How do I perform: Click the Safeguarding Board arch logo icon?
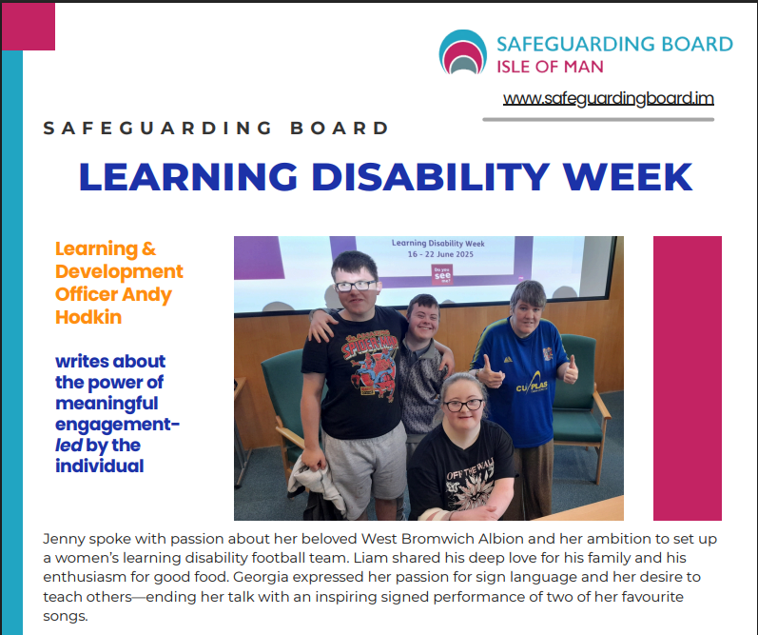click(462, 53)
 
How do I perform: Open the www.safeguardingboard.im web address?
click(608, 98)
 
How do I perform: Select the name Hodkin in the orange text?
click(88, 317)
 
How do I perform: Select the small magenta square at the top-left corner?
click(28, 27)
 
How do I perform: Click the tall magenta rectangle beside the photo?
click(687, 378)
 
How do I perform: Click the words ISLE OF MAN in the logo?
click(550, 67)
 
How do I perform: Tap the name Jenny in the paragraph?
click(64, 539)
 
